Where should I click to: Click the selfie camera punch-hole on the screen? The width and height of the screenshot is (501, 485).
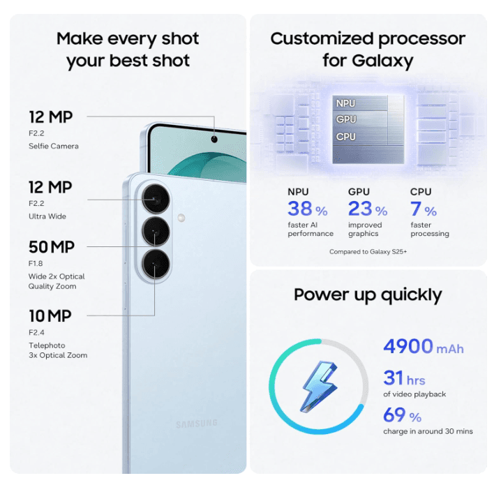coord(214,139)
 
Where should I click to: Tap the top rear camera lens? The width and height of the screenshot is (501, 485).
coord(156,199)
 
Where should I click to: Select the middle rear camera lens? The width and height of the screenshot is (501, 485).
coord(156,231)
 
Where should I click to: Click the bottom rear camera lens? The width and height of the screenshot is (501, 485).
coord(156,264)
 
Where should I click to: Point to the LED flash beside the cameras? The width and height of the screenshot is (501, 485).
coord(181,218)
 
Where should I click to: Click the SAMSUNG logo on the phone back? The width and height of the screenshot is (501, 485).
coord(197,424)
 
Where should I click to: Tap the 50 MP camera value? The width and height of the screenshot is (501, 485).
coord(52,247)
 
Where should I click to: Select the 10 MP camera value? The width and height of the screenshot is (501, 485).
coord(50,316)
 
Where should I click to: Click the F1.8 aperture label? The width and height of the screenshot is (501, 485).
coord(36,264)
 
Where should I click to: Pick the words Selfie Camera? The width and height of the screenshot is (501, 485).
coord(54,147)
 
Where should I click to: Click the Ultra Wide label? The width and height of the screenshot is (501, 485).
coord(47,216)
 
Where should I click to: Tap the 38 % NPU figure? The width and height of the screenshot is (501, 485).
coord(308,209)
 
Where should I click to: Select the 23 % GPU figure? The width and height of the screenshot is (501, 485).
coord(368,209)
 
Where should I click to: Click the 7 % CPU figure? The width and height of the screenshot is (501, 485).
coord(424,209)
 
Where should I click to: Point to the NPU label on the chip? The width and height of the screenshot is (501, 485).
coord(345,103)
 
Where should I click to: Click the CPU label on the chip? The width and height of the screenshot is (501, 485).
coord(345,137)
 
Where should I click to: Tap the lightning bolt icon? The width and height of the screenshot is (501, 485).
coord(320,387)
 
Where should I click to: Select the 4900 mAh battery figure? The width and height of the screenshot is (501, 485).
coord(424,347)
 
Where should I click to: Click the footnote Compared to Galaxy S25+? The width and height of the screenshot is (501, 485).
coord(368,252)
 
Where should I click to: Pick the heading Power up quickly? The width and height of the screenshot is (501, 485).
coord(368,295)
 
